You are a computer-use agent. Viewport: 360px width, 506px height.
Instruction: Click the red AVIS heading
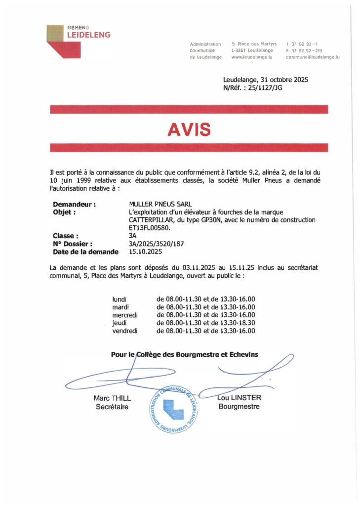click(189, 129)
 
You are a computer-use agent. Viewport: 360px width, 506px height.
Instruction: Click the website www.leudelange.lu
click(252, 57)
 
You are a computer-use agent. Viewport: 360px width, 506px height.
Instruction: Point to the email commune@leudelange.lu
click(313, 57)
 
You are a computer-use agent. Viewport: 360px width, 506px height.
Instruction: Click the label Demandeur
click(74, 204)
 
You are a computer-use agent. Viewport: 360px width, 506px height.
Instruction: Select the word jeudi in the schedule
click(120, 323)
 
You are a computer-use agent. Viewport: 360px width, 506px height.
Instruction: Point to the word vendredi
click(125, 331)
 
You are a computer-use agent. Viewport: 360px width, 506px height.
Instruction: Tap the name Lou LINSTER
click(240, 398)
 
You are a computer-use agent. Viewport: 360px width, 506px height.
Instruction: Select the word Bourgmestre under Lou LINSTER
click(239, 407)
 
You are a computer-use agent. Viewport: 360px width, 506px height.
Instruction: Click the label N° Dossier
click(72, 244)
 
